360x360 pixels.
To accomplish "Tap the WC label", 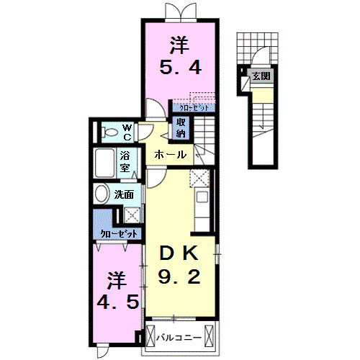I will (125, 132).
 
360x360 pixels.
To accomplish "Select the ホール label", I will (171, 155).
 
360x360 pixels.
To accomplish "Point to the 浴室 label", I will (125, 161).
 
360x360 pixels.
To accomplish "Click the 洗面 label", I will (124, 194).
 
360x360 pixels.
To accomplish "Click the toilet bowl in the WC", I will (109, 132).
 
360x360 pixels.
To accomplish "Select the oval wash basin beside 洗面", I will (102, 194).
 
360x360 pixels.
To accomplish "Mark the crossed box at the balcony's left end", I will (152, 336).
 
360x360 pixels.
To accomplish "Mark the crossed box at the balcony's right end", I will (209, 336).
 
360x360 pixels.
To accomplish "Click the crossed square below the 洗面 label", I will (132, 213).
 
